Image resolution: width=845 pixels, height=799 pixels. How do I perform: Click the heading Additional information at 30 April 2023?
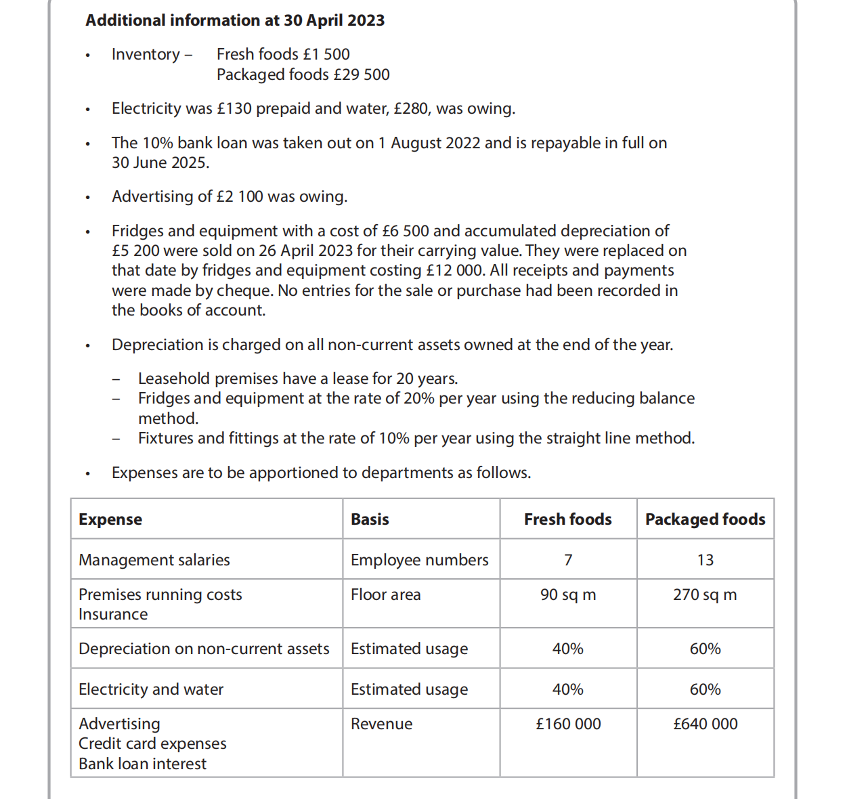[x=234, y=20]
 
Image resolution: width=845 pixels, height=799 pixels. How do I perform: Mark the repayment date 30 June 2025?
[x=160, y=163]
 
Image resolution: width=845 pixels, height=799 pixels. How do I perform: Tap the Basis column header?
[x=370, y=519]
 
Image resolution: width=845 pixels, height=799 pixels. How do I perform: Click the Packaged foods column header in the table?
[x=705, y=519]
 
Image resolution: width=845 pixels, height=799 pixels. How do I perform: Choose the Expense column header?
[x=110, y=519]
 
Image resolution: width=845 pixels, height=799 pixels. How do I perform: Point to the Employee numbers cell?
[x=419, y=560]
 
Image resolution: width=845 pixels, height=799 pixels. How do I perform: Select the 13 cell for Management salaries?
[x=705, y=560]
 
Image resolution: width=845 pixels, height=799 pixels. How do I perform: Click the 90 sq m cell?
[x=568, y=595]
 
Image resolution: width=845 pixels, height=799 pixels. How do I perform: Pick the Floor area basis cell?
[x=385, y=595]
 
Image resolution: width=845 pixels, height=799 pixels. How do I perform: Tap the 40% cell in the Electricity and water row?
[x=567, y=689]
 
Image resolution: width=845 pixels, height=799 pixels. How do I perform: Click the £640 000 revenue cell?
[x=705, y=724]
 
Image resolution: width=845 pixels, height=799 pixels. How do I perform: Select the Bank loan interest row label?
[x=142, y=764]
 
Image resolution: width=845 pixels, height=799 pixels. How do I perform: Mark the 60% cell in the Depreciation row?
[x=705, y=649]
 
